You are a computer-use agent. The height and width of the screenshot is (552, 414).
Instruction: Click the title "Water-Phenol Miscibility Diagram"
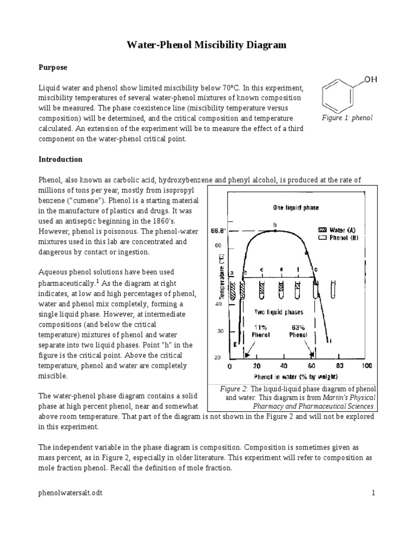coord(206,46)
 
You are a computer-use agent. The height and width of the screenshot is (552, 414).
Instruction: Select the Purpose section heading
coord(52,67)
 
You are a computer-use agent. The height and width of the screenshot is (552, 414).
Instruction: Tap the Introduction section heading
coord(60,160)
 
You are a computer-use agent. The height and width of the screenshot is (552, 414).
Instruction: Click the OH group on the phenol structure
coord(371,80)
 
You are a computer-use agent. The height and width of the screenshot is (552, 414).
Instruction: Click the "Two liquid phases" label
coord(279,312)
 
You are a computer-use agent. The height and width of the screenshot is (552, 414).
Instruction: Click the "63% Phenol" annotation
coord(298,330)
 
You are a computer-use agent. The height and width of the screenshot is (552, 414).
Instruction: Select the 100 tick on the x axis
coord(367,365)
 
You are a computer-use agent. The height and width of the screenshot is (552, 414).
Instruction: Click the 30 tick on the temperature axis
coord(220,331)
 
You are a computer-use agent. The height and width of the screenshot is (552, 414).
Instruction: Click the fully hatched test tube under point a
coord(233,291)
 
